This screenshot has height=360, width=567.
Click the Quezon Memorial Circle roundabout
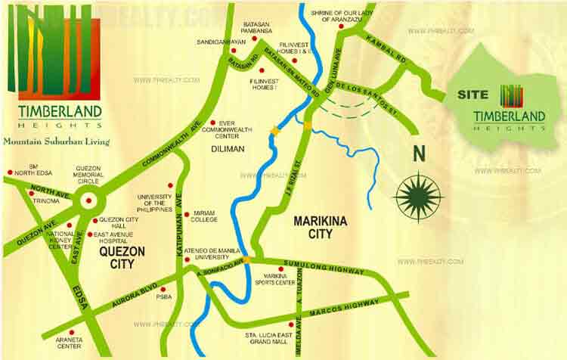90,201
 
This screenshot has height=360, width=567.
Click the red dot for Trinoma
31,194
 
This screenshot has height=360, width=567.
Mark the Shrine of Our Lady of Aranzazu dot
341,27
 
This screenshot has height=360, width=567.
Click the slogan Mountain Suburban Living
56,141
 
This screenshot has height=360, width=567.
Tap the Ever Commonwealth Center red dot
213,123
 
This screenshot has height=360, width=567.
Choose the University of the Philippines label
154,203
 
